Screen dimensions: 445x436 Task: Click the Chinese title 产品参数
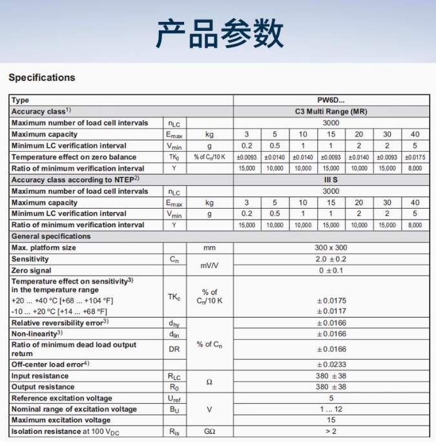pos(218,34)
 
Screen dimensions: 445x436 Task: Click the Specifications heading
pos(42,78)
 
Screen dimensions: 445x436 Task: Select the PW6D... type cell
pos(331,100)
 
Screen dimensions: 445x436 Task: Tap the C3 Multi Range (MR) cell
pos(331,111)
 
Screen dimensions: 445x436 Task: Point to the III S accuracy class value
pos(331,180)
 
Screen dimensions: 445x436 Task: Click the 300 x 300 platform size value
pos(331,247)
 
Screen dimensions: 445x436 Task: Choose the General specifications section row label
pos(51,236)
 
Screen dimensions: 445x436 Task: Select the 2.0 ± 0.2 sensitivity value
pos(331,259)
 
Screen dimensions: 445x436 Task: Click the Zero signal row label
pos(32,271)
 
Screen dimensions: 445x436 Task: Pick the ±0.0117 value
pos(331,311)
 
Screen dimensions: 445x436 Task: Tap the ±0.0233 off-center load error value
pos(331,364)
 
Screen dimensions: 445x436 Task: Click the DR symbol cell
pos(174,349)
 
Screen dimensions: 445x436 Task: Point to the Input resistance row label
pos(40,376)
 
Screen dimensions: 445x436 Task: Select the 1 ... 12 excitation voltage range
pos(331,409)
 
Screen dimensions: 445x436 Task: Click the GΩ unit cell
pos(209,431)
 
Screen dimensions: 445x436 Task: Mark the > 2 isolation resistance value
pos(331,431)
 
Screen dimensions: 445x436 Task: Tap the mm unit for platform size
pos(209,247)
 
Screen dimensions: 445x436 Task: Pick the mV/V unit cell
pos(209,265)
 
